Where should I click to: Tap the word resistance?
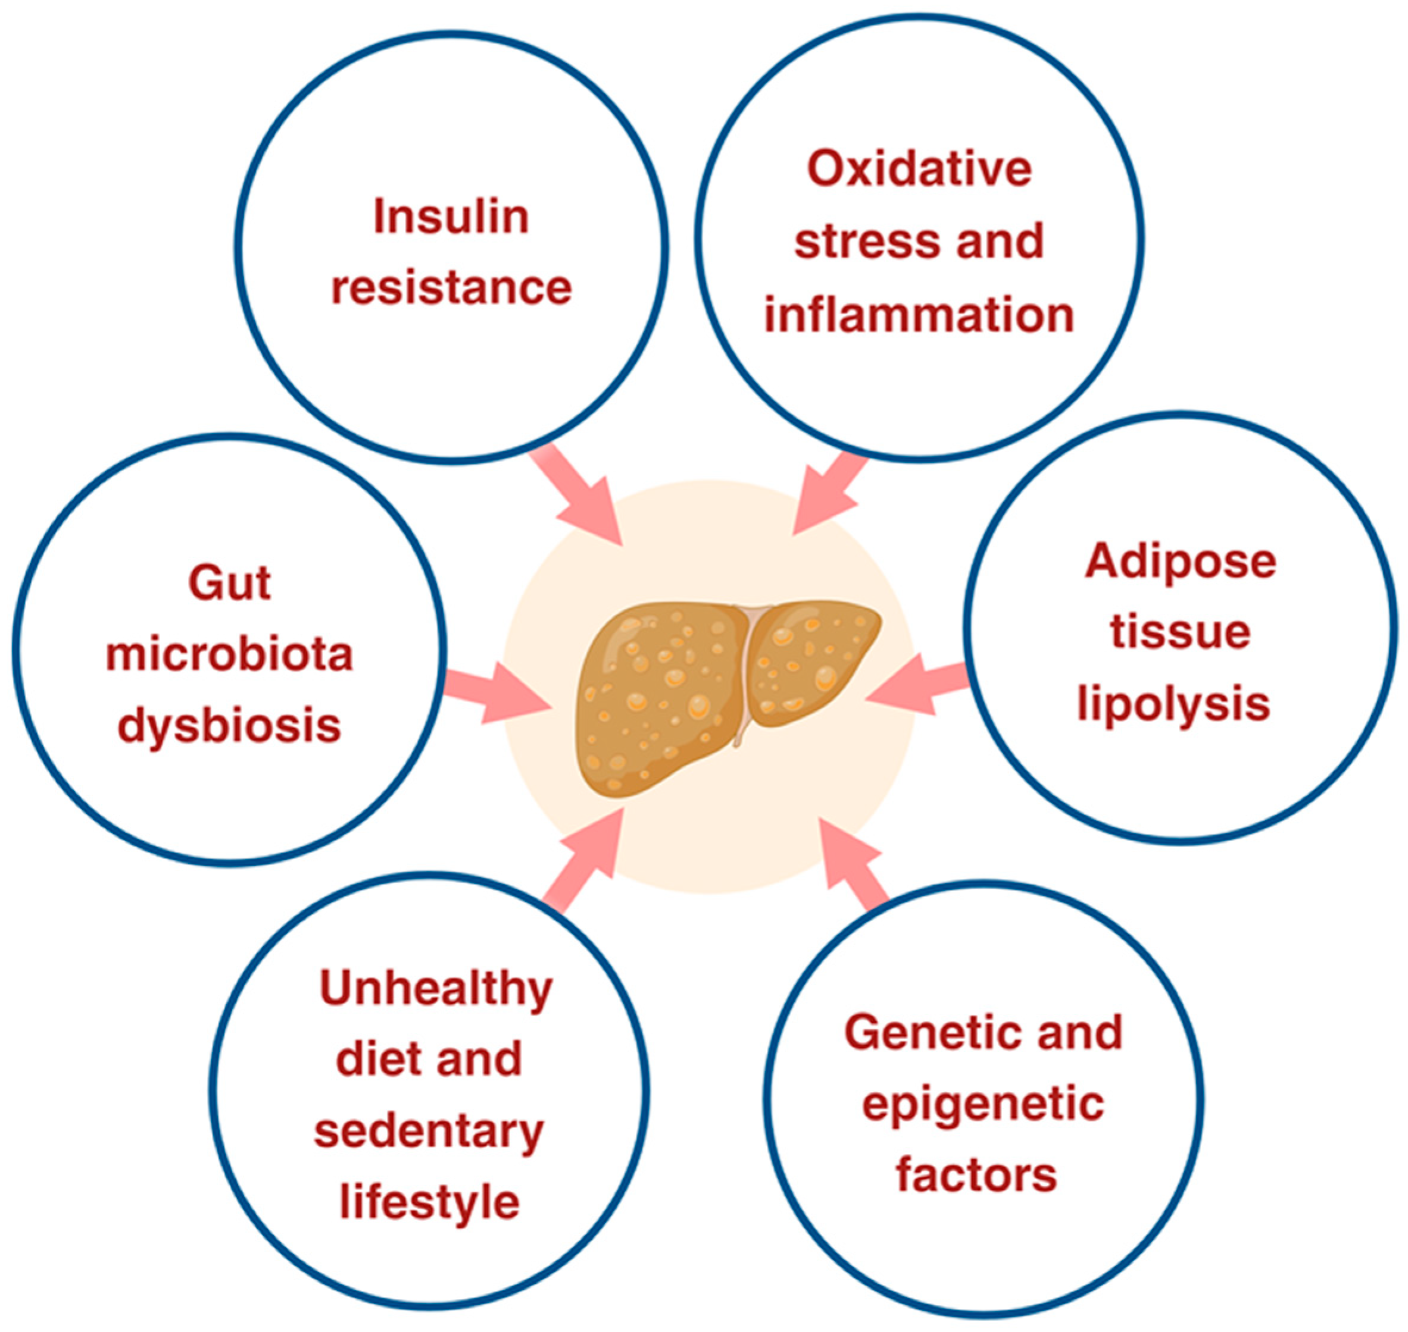(451, 287)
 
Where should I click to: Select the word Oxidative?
(919, 169)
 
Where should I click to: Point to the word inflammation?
(919, 315)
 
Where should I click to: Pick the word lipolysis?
(1173, 705)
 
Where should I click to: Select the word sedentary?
(429, 1130)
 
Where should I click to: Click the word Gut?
(229, 584)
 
